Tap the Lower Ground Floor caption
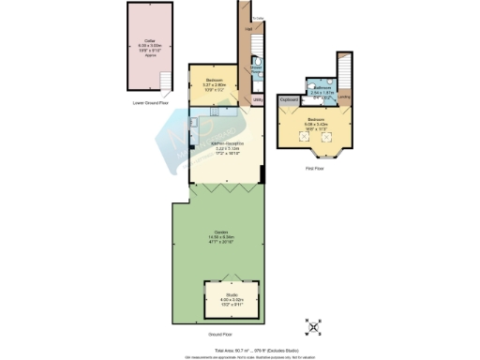coord(151,105)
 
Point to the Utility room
coord(257,97)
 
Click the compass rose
coord(311,327)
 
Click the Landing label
coord(344,97)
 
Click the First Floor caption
coord(317,169)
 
